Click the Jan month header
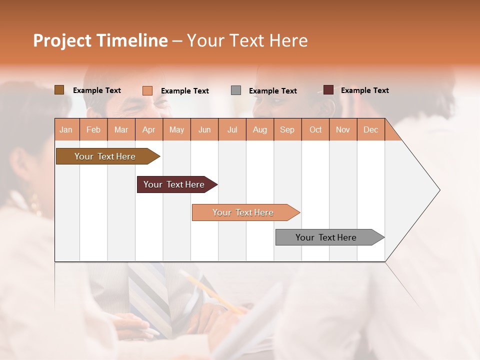[66, 129]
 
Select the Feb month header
[93, 129]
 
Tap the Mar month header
[121, 129]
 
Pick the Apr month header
[149, 129]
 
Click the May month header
[176, 129]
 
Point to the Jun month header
[204, 129]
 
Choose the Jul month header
[232, 129]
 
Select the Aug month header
[260, 129]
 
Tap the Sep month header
[287, 129]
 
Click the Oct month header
[315, 129]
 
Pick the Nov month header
[343, 129]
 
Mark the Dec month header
[371, 129]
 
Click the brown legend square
[59, 90]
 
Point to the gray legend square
[236, 90]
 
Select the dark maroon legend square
[328, 90]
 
